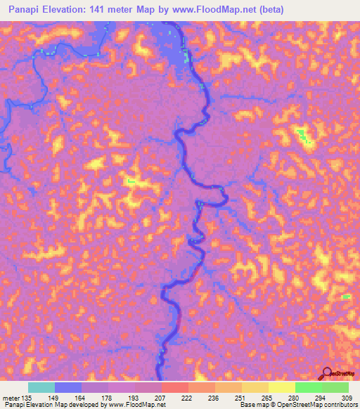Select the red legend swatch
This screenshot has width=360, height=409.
[174, 387]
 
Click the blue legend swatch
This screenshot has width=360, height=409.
[68, 387]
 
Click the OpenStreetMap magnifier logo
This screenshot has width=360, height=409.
[326, 373]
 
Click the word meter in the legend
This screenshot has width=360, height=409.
[10, 398]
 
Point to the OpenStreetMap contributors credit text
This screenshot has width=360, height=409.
[324, 405]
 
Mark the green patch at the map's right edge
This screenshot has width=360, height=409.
[345, 297]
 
